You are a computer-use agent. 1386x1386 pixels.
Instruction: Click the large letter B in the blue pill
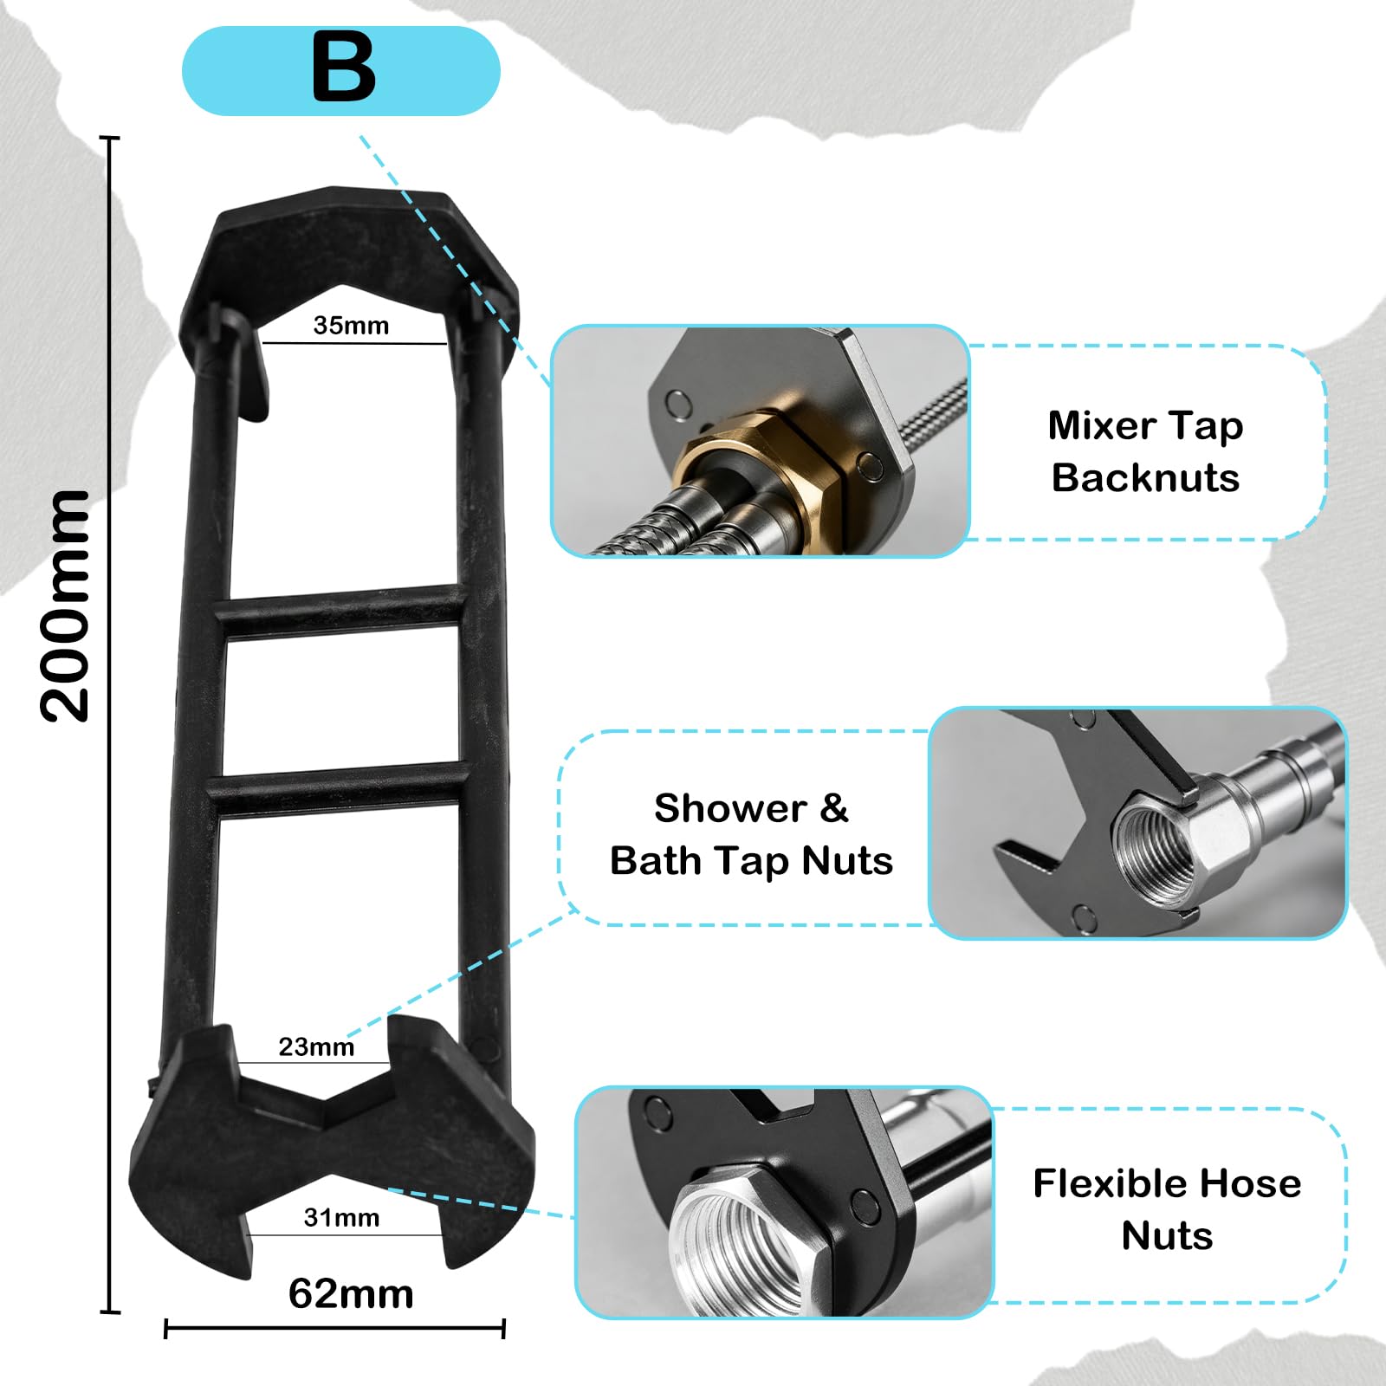pos(344,67)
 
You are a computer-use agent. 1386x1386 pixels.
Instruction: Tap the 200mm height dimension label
pos(65,606)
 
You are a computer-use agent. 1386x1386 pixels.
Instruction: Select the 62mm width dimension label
pos(351,1294)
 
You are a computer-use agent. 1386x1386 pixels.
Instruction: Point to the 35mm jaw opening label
pos(351,326)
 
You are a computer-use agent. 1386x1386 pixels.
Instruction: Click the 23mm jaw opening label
pos(316,1046)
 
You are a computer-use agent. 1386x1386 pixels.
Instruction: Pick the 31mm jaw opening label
pos(341,1218)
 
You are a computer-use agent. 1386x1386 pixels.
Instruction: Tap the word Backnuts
pos(1145,477)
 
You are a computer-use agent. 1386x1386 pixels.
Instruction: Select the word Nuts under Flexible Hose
pos(1167,1235)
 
